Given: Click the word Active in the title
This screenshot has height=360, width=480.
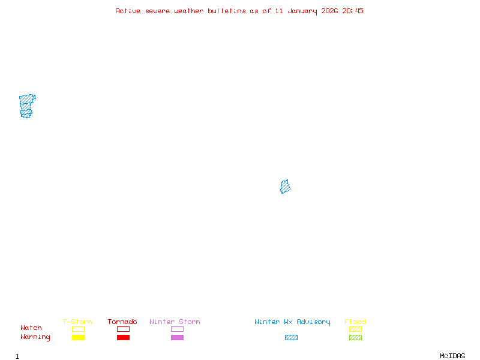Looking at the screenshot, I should tap(127, 11).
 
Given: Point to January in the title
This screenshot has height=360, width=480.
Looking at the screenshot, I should tap(305, 11).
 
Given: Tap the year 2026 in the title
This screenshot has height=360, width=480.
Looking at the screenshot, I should tap(330, 11).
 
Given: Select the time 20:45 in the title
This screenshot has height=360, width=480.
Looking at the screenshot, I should tap(353, 11).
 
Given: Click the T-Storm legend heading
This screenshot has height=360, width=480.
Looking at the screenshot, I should tap(77, 322).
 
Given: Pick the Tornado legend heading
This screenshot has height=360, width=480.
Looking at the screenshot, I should tap(122, 322).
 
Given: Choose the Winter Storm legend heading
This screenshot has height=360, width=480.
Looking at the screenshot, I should tap(175, 322).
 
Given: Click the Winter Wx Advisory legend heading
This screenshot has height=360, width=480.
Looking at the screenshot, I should tap(292, 322).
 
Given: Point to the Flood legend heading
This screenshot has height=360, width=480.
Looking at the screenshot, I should tap(355, 322).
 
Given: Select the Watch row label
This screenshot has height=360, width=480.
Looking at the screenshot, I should tap(31, 328).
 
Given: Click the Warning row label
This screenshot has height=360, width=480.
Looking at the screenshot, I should tap(35, 337).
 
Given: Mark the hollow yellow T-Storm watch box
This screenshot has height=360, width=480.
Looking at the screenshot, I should tap(78, 329).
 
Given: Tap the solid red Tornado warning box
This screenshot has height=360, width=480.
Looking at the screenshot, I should tap(123, 337).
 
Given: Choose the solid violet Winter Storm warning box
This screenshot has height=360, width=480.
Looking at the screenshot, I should tap(177, 337).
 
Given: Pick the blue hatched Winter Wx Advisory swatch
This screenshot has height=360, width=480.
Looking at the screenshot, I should tap(291, 337).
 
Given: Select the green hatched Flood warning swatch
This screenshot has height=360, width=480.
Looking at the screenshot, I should tap(355, 337).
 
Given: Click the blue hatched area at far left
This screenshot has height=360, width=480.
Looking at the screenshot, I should tap(26, 106).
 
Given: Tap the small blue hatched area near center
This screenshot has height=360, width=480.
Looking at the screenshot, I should tap(285, 187).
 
